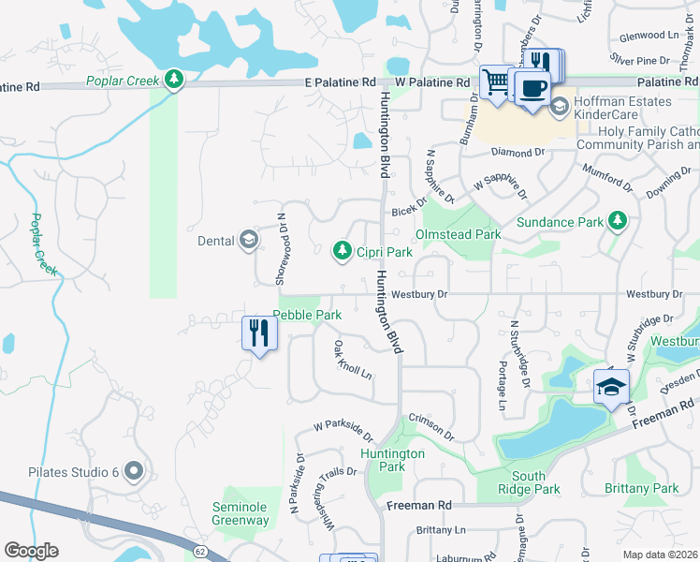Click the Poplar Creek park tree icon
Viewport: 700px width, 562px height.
[173, 80]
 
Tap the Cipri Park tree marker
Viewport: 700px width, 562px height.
[343, 251]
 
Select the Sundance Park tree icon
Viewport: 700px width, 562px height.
[617, 221]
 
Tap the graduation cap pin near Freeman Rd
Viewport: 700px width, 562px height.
[611, 386]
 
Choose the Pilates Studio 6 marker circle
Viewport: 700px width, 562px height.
[132, 471]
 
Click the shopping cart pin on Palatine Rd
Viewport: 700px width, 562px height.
[496, 83]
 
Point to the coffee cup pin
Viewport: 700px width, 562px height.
[532, 89]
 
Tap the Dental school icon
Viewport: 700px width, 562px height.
[247, 241]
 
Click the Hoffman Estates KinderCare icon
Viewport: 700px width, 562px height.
[560, 105]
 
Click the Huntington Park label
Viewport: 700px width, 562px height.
[393, 460]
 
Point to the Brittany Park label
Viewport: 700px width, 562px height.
[641, 488]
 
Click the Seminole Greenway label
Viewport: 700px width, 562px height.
[239, 513]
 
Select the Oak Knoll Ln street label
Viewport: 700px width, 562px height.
[353, 360]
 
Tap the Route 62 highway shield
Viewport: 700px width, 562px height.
[200, 552]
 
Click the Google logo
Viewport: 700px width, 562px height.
[31, 551]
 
